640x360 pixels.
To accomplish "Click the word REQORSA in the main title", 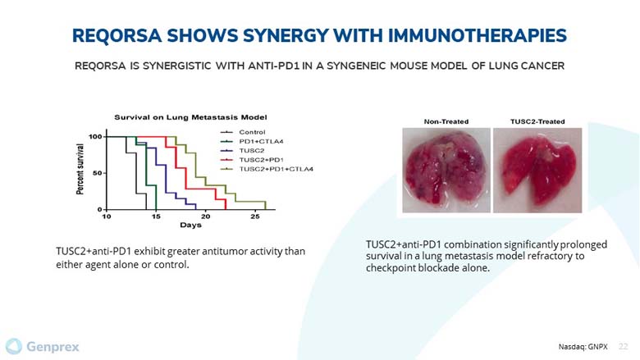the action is (x=117, y=35).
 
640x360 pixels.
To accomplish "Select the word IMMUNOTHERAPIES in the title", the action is (x=478, y=35).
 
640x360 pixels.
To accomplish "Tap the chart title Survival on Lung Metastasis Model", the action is (x=190, y=117).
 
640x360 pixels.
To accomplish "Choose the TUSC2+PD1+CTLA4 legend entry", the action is (x=267, y=169).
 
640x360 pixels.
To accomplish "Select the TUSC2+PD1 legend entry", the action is (x=251, y=160).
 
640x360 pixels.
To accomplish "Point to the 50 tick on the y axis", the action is (x=97, y=173).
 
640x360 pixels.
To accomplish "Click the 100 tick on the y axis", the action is (x=95, y=137).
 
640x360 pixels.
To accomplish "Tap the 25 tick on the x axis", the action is (x=255, y=216).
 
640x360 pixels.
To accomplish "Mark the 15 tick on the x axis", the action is (x=156, y=216).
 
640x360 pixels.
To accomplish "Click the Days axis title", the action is (x=190, y=225).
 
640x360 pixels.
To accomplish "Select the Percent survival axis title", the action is (x=80, y=169).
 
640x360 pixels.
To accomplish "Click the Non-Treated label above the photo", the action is (x=446, y=121).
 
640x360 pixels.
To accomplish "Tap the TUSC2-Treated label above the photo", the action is (x=537, y=121).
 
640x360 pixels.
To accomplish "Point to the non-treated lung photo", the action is (x=446, y=170).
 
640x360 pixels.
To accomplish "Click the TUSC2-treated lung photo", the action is (x=537, y=170).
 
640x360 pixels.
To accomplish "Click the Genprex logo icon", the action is (x=13, y=347).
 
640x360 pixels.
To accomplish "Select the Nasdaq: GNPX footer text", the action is (x=583, y=347).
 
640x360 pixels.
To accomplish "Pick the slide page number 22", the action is (x=624, y=347).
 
